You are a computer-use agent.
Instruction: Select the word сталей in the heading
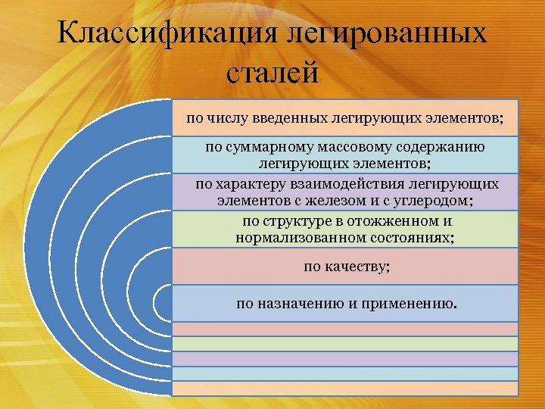pyautogui.click(x=272, y=74)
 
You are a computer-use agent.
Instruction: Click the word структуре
pyautogui.click(x=299, y=221)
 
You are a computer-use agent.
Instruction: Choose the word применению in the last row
pyautogui.click(x=410, y=304)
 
